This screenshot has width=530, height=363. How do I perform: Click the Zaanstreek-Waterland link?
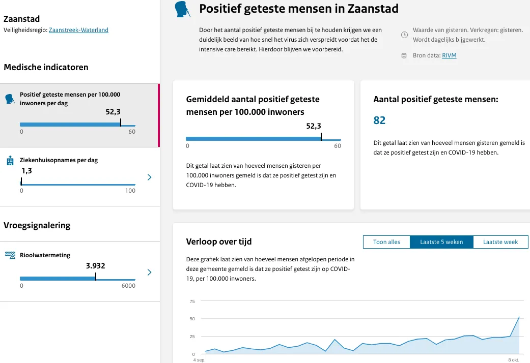[78, 30]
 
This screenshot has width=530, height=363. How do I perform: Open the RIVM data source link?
[449, 55]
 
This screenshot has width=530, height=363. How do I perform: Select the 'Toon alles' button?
[386, 242]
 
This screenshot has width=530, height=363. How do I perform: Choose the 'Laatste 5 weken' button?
[441, 242]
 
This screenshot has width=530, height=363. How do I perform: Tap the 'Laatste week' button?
[500, 242]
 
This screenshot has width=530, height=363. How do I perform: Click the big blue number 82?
[379, 120]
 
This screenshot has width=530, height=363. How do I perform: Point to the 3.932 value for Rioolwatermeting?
[95, 265]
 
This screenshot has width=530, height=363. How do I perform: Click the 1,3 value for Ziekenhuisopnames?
[26, 171]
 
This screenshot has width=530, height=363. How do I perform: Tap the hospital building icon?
[10, 161]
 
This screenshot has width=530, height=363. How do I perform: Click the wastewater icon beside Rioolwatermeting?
[10, 255]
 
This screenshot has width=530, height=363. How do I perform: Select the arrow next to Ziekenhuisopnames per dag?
[149, 177]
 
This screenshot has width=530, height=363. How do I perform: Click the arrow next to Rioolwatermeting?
[149, 273]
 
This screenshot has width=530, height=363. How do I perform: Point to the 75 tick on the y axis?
[192, 301]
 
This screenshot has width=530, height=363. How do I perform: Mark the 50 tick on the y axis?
[192, 319]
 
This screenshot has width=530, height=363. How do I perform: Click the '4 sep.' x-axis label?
[199, 359]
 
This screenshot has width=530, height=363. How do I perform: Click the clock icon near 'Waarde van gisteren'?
[404, 35]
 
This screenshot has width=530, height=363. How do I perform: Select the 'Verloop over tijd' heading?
[219, 241]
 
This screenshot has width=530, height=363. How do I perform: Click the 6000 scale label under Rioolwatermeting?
[128, 286]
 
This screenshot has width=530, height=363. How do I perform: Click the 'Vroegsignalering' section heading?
[37, 225]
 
